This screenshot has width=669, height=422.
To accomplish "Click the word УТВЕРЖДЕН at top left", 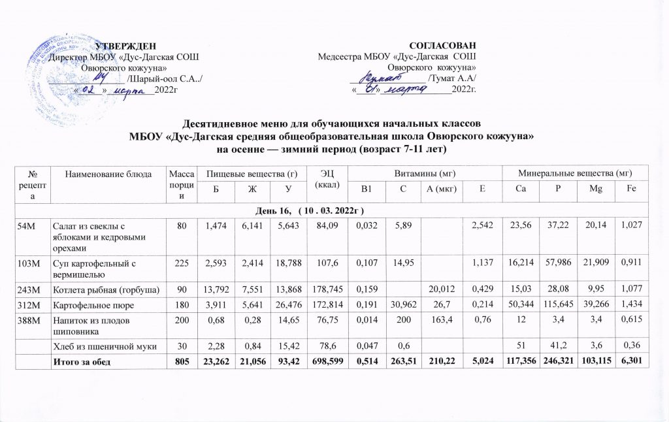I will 126,45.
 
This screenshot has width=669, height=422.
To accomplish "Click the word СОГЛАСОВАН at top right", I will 442,45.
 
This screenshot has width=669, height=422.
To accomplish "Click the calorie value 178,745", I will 325,288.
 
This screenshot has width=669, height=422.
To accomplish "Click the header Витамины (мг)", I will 423,172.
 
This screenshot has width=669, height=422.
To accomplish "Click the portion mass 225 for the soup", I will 178,266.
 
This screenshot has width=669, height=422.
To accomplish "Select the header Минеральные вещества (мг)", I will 574,172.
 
